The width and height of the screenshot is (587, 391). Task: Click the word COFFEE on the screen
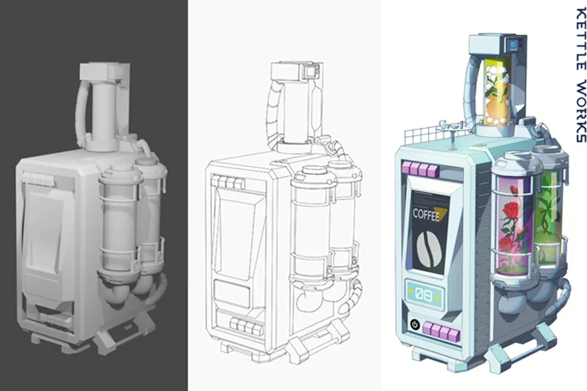tap(426, 215)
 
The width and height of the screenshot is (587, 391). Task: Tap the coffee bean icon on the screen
tap(429, 248)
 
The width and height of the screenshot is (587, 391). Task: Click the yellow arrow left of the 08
tap(411, 292)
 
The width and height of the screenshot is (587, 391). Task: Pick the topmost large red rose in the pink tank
tap(510, 210)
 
